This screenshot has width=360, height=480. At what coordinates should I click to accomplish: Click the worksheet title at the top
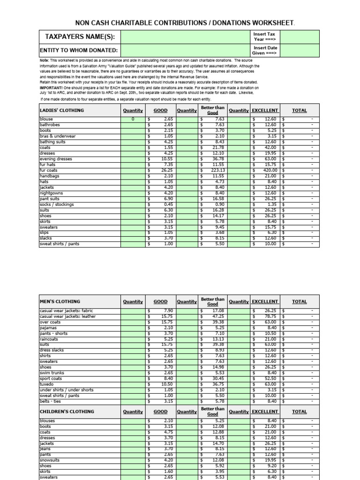coord(185,23)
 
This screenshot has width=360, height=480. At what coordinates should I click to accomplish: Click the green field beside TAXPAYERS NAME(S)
coord(186,37)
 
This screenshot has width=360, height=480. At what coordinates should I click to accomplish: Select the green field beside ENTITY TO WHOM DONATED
coord(186,51)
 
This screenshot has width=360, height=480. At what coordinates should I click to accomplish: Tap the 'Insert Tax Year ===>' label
coord(264,37)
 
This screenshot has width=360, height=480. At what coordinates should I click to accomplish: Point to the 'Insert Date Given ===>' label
coord(264,51)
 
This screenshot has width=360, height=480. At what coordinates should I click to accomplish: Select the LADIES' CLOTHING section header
coord(62,111)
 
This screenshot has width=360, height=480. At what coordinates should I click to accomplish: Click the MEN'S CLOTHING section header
coord(60,302)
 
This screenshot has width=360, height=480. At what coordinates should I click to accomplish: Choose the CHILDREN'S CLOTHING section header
coord(67,412)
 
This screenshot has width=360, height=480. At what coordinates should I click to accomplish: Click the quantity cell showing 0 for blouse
coord(133,120)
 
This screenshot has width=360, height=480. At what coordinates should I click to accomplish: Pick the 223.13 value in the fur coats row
coord(216,170)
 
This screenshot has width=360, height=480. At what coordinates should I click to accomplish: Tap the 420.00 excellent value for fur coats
coord(269,170)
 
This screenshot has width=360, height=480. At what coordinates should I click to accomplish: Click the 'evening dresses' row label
coord(56,159)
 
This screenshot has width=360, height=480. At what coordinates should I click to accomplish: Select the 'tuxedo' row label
coord(47,384)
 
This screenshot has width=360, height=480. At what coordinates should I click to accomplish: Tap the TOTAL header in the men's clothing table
coord(300,302)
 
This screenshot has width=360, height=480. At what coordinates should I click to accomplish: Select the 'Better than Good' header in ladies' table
coord(212,111)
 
